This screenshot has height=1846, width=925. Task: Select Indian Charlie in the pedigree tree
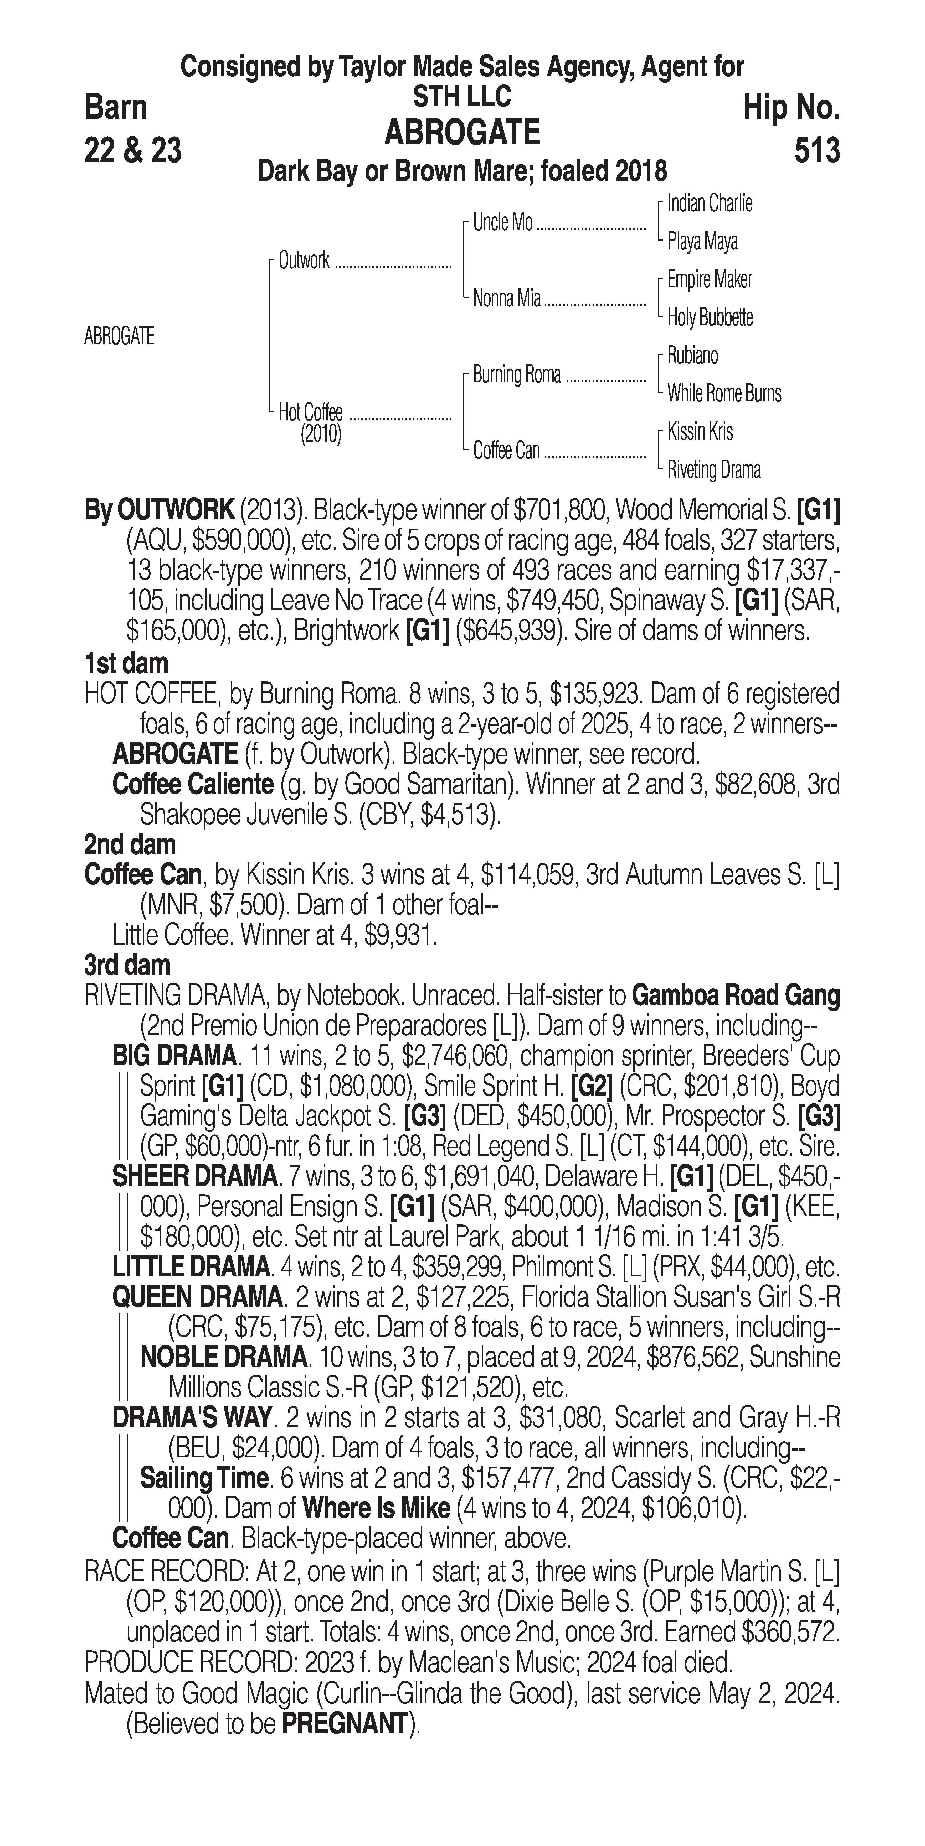[709, 204]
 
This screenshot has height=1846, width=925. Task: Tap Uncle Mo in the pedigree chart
[503, 223]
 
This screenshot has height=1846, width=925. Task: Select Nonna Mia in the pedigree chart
[506, 298]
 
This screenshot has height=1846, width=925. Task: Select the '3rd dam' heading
[128, 965]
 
